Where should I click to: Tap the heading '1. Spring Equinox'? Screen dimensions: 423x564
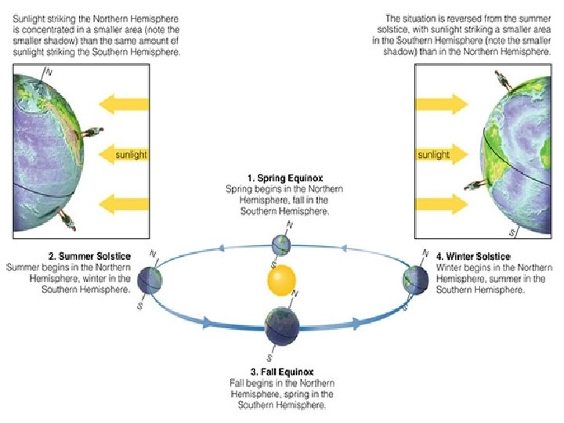285,179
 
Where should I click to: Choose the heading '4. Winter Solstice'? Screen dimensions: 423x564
473,257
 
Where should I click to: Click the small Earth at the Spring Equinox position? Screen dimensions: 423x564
281,244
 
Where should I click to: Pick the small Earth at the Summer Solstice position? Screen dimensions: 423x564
148,278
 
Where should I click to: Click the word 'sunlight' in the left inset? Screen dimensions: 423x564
131,154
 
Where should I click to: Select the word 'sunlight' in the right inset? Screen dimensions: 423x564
433,154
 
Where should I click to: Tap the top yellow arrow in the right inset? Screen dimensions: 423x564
442,103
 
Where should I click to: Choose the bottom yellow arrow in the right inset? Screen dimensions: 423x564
442,205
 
